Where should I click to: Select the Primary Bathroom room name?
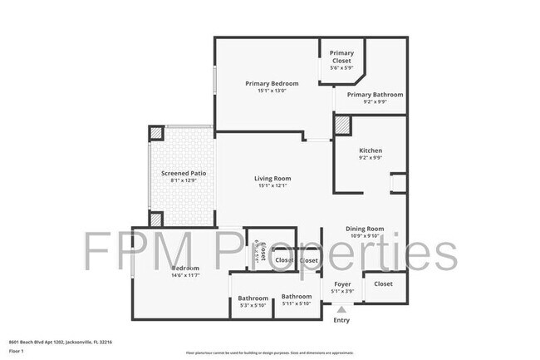pos(375,95)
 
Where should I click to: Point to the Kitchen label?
pos(370,150)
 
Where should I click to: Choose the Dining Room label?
pos(365,229)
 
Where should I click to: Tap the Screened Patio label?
pos(183,173)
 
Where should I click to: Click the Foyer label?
pos(342,284)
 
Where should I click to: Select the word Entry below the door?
pos(341,320)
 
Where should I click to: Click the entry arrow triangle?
pos(341,308)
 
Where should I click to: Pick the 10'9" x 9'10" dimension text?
pos(365,236)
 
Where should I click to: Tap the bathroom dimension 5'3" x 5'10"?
pos(253,306)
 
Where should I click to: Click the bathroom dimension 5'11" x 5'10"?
pos(296,303)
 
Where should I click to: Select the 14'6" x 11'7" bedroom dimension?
pos(185,275)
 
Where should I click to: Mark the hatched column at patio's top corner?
pos(156,134)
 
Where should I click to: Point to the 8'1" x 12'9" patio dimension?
pos(183,180)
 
